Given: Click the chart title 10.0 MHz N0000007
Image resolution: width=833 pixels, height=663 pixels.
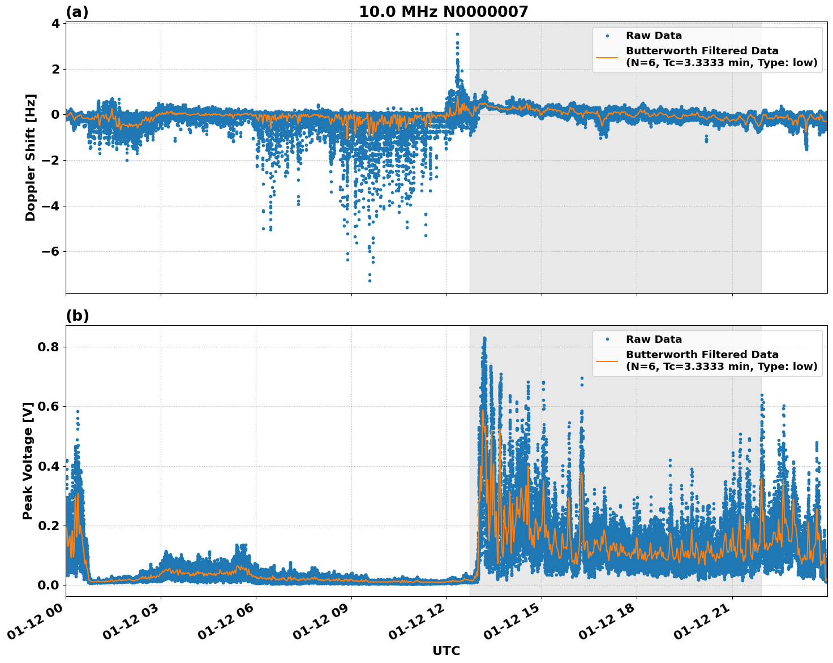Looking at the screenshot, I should [443, 12].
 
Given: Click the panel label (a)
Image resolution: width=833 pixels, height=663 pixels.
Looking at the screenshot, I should [77, 12].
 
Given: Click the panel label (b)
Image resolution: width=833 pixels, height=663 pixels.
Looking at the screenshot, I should [77, 316].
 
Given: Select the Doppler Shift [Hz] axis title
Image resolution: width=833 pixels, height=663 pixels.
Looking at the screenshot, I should [31, 157].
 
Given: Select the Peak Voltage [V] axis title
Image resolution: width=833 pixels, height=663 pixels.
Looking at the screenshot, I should [28, 460].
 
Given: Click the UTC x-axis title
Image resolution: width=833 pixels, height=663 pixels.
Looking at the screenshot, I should [446, 651].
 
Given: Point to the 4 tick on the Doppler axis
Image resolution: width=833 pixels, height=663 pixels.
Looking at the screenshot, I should [55, 24].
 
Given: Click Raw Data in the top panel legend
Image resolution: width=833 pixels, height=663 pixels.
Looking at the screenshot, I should [654, 36].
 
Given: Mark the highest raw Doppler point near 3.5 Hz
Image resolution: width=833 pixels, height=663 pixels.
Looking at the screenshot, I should [457, 34].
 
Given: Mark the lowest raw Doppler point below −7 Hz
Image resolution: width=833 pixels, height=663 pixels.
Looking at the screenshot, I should [370, 281].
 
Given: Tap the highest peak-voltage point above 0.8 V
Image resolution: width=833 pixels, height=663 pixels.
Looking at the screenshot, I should [484, 338].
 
